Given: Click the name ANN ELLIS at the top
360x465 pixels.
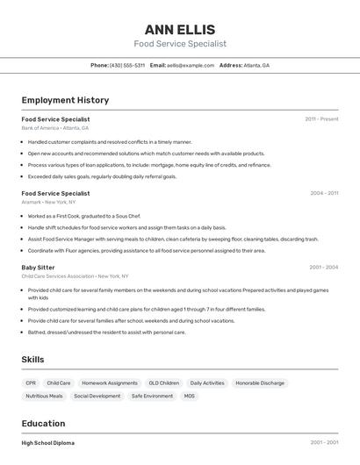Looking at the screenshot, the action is [x=180, y=30].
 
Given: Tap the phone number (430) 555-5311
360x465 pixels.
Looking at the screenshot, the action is [x=127, y=65].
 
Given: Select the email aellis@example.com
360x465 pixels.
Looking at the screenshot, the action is [x=191, y=65].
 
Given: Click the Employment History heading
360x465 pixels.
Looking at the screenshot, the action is [x=65, y=100].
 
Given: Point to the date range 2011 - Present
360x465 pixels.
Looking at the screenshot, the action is [x=321, y=119].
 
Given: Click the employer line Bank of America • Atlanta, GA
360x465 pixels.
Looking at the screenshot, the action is [x=54, y=128].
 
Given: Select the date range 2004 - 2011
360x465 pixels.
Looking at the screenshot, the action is [x=323, y=193].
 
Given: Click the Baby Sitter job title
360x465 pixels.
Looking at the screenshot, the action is [x=38, y=267].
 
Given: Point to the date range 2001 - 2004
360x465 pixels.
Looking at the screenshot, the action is [x=323, y=267].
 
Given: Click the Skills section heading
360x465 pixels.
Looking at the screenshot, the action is [x=32, y=360].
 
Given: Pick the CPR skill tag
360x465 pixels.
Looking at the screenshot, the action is [x=32, y=383].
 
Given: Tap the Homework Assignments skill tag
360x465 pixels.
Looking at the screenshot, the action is [x=110, y=383].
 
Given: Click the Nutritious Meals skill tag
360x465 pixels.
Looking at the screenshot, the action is [x=44, y=396].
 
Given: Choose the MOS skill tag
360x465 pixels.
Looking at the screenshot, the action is [x=190, y=396].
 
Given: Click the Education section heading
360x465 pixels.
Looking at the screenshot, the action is [x=43, y=423].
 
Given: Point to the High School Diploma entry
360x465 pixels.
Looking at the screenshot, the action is [x=48, y=443].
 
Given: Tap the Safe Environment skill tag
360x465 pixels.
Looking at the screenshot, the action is [x=153, y=396].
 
